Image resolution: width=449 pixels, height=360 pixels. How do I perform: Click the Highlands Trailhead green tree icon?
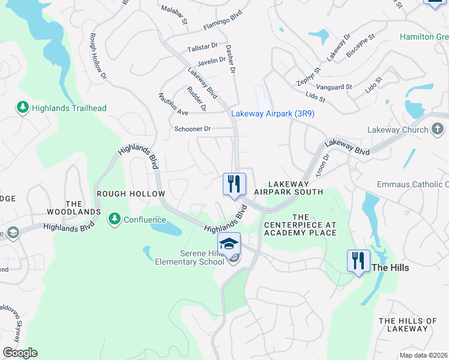tap(23, 108)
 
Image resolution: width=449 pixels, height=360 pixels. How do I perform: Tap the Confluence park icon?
tap(114, 220)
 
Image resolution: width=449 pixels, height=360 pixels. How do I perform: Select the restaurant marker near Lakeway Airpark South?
tap(234, 184)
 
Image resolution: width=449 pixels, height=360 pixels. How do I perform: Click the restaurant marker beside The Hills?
tap(358, 261)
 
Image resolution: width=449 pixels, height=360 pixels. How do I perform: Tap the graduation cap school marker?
tap(229, 244)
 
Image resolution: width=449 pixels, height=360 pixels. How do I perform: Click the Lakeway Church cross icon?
tap(438, 130)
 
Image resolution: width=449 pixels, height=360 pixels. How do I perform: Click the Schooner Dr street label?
tap(192, 129)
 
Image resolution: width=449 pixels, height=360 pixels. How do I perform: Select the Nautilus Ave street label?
tap(173, 104)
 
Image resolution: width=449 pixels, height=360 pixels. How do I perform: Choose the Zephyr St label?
tap(309, 76)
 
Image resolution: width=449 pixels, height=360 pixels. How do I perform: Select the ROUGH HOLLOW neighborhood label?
tap(130, 194)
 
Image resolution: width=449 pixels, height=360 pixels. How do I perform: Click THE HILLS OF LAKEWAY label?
tap(408, 325)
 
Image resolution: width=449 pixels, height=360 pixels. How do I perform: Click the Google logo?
tap(19, 353)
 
